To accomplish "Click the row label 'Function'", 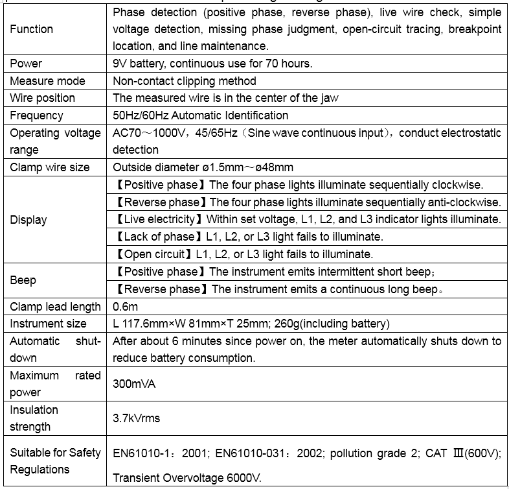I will pyautogui.click(x=31, y=29).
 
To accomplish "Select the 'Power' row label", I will pyautogui.click(x=26, y=64).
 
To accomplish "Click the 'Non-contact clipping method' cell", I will pyautogui.click(x=185, y=81).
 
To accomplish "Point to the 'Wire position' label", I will pyautogui.click(x=42, y=98).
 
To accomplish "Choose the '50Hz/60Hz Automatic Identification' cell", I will pyautogui.click(x=200, y=115).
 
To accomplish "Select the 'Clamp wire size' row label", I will pyautogui.click(x=50, y=167).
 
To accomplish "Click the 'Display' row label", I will pyautogui.click(x=28, y=219).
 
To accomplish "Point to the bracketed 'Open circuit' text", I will pyautogui.click(x=153, y=254).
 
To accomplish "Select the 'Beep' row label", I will pyautogui.click(x=23, y=280).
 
